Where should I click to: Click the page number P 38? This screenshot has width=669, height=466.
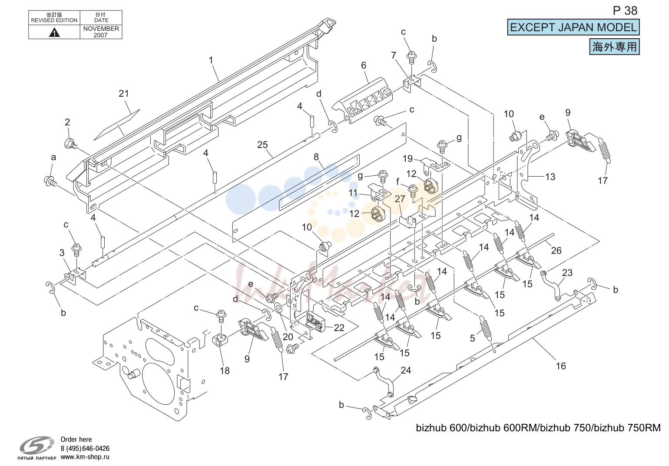point(625,11)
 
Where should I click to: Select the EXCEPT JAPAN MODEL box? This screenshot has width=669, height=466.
point(573,27)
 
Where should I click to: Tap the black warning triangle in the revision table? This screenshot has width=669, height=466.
point(54,32)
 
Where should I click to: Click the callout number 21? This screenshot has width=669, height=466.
point(124,94)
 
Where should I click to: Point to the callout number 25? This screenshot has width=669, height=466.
point(262,144)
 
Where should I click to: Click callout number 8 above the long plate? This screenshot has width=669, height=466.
point(316,157)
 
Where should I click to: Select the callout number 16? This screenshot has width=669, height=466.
point(561,366)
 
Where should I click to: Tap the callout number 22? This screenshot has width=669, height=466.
point(339,328)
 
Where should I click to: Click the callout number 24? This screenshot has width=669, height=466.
point(406,370)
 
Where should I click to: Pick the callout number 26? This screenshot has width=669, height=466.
point(556,251)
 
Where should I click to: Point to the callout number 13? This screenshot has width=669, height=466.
point(550,177)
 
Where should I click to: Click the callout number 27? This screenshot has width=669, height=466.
point(400,199)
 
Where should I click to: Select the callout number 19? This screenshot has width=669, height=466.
point(407,158)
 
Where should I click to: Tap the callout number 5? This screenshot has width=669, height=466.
point(472,338)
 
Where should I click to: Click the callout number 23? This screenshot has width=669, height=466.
point(567,272)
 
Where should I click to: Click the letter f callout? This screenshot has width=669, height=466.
point(397,181)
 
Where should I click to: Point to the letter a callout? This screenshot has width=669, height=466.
point(53,158)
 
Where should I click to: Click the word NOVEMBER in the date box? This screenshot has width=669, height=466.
point(101,29)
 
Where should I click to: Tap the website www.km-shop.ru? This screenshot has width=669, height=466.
point(85,457)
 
